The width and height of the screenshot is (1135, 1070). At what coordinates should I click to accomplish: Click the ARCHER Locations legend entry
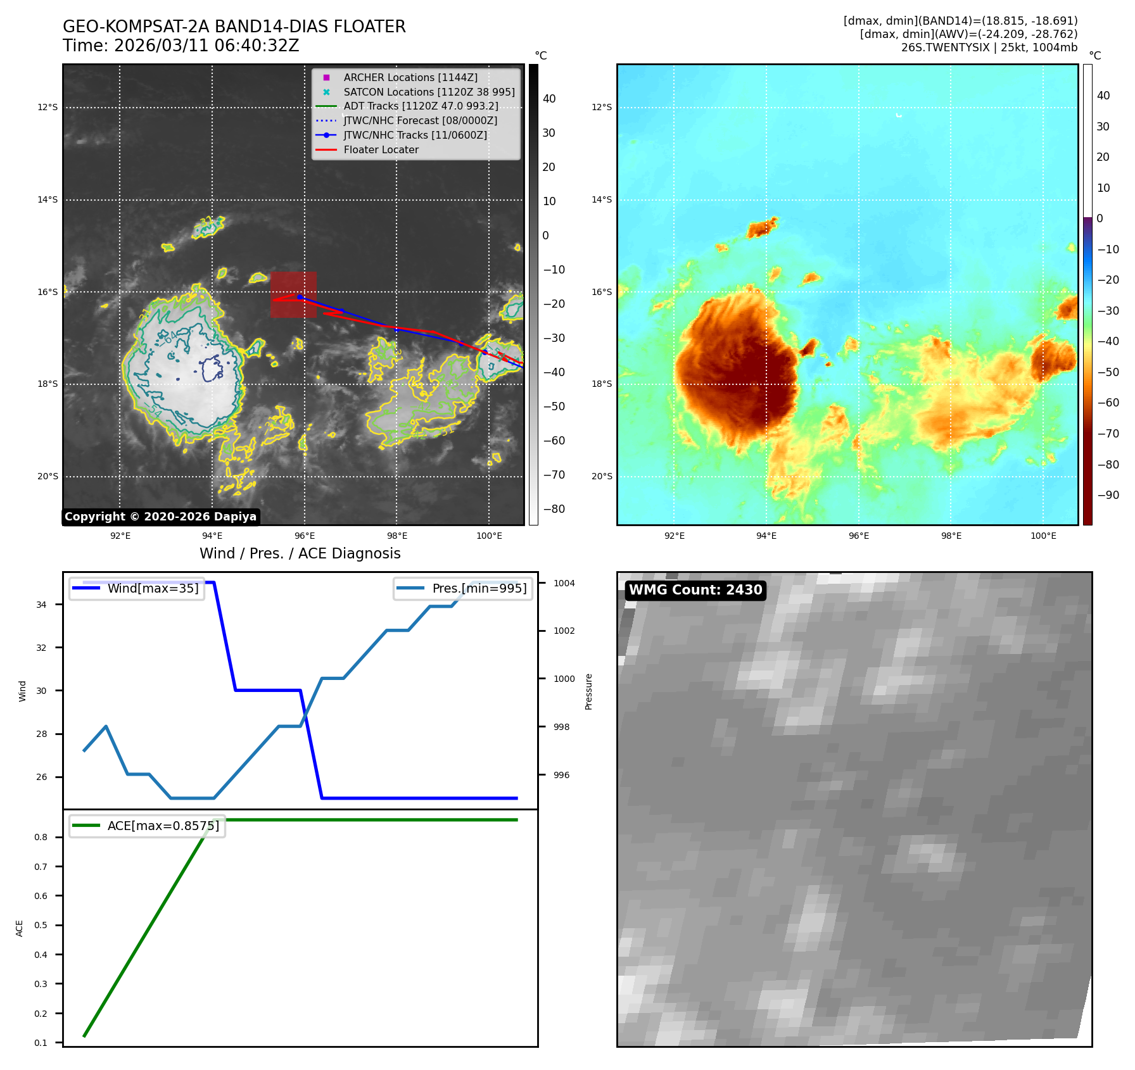click(x=410, y=77)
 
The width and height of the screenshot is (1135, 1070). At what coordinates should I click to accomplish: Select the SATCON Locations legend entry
click(x=429, y=92)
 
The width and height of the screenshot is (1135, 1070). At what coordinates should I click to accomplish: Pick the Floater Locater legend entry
click(x=381, y=149)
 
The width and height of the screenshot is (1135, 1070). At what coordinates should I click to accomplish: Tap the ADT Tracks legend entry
click(x=421, y=106)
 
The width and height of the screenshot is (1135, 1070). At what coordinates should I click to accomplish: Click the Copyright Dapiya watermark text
click(x=161, y=517)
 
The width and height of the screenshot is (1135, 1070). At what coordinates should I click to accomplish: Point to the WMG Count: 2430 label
click(x=695, y=590)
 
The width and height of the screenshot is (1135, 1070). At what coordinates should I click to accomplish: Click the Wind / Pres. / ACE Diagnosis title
click(x=300, y=553)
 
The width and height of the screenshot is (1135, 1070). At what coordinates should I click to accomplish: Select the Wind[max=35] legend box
click(x=137, y=588)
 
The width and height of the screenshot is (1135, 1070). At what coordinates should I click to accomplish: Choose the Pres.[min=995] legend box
click(x=463, y=588)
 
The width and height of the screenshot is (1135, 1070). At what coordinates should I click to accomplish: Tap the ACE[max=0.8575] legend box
click(x=147, y=826)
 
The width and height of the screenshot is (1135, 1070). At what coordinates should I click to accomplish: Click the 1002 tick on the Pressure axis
click(x=564, y=631)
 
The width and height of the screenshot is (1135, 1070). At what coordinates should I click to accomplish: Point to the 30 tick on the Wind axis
click(x=41, y=691)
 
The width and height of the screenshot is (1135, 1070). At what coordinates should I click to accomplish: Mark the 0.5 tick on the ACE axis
click(x=41, y=925)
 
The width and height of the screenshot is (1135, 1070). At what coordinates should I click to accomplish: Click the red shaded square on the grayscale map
click(x=293, y=294)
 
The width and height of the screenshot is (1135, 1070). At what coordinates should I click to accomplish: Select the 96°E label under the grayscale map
click(x=305, y=536)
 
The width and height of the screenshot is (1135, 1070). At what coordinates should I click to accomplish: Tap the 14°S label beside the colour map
click(x=602, y=199)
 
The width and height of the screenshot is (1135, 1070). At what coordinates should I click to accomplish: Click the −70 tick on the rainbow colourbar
click(x=1108, y=434)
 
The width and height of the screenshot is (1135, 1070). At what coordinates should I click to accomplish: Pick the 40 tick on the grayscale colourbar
click(x=549, y=99)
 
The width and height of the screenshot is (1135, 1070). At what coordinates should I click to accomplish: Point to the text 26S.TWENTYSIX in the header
click(x=945, y=47)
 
